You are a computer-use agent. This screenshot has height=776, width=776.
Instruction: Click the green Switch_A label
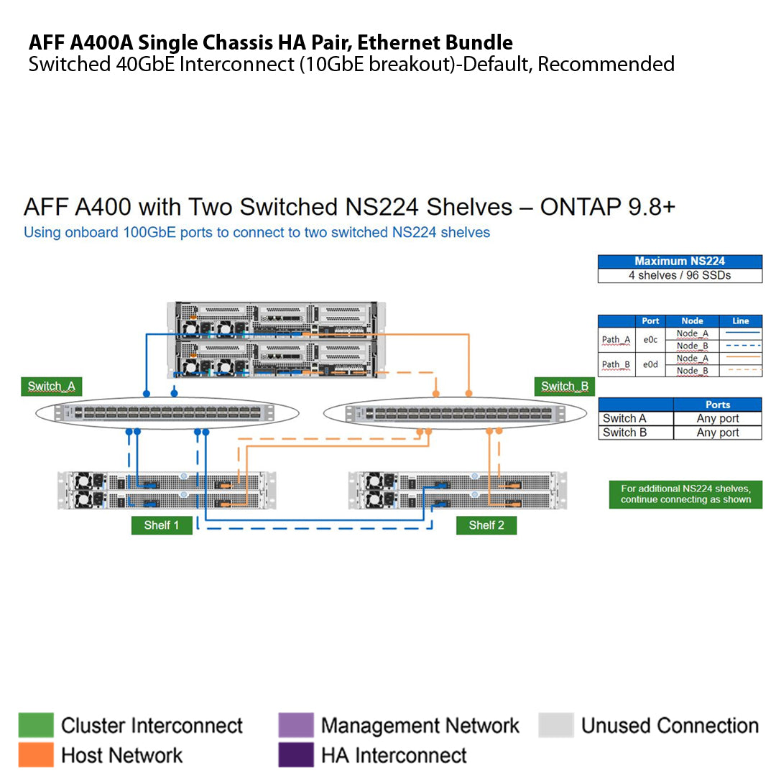click(51, 387)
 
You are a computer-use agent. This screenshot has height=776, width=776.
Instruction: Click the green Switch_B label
click(565, 387)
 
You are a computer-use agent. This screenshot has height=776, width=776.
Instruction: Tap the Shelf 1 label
click(162, 525)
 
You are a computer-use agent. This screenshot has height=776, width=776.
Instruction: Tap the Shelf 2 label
click(486, 525)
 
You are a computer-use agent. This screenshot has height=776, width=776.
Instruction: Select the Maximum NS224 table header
click(680, 262)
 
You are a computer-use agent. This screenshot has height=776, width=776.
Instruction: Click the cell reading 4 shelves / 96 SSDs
click(680, 275)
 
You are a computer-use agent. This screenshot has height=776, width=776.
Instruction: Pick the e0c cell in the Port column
click(650, 339)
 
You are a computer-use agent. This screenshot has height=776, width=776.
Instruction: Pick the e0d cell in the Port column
click(650, 364)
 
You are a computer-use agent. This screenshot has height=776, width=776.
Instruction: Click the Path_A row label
click(616, 339)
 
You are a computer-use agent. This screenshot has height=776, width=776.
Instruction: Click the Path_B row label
click(616, 364)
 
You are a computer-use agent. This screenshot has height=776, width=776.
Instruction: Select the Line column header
click(740, 320)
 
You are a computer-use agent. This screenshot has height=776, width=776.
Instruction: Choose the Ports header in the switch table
click(717, 405)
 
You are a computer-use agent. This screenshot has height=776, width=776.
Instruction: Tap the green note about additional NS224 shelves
click(685, 494)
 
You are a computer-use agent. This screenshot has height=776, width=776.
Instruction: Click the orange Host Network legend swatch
click(36, 754)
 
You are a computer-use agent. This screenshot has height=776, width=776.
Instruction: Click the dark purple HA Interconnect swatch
click(296, 754)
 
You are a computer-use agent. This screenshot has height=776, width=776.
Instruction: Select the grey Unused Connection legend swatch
click(556, 726)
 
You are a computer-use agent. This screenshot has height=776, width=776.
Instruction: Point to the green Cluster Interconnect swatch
click(36, 726)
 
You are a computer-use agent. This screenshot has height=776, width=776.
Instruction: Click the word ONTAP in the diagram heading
click(579, 207)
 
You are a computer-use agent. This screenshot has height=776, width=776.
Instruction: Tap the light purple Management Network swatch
click(296, 726)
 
